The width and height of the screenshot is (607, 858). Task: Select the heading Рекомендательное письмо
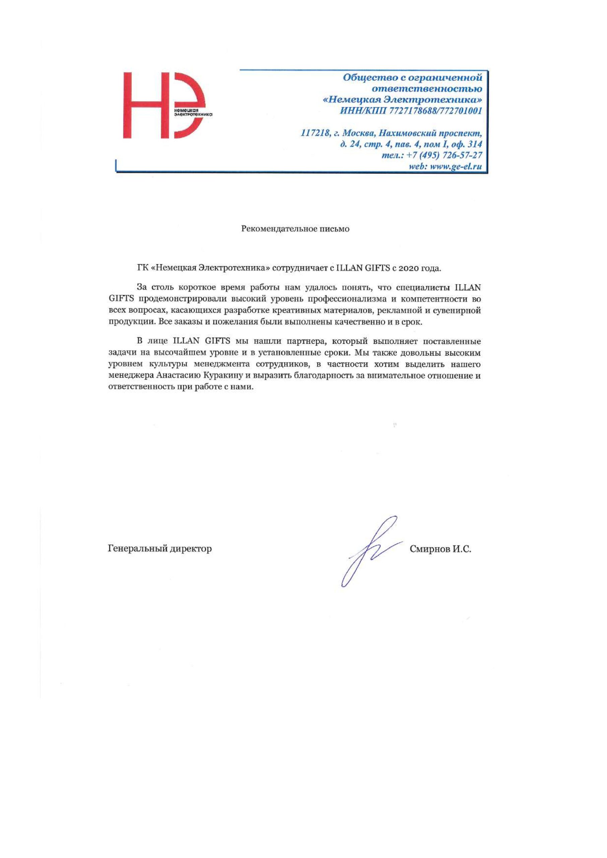tap(295, 229)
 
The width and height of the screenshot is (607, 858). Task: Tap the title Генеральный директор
tap(160, 549)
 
